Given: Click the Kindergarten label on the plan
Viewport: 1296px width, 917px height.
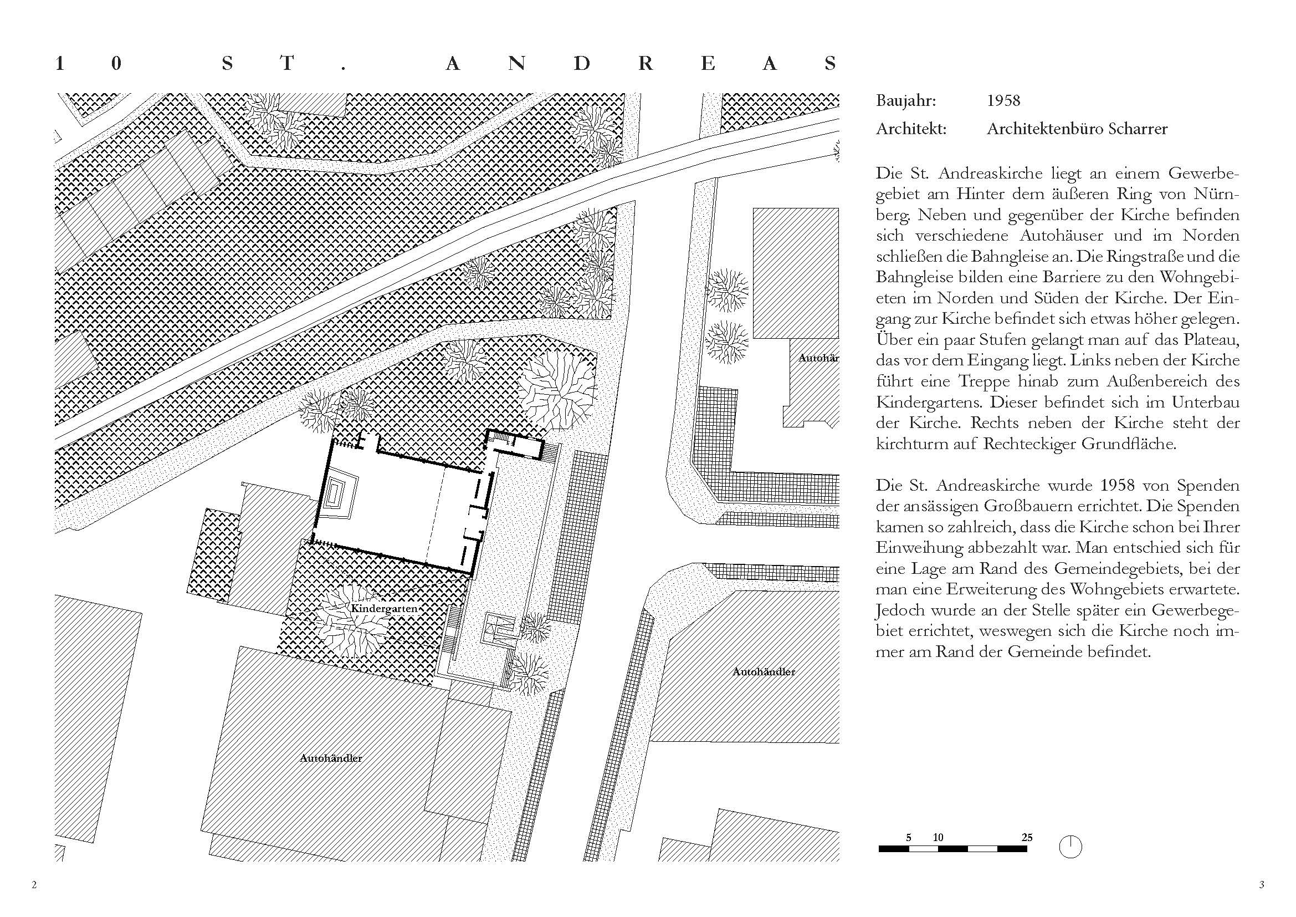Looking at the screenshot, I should [x=384, y=609].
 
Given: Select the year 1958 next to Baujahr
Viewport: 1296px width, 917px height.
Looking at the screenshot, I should [x=1003, y=101].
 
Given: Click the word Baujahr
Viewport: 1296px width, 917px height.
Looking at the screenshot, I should [x=905, y=101].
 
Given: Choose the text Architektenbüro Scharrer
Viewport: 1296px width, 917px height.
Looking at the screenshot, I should [x=1077, y=129].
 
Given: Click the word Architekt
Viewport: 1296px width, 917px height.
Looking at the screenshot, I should [x=910, y=129].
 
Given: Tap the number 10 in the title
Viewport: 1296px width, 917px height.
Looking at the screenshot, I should [x=88, y=64].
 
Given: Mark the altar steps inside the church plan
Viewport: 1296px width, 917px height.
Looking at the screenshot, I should [x=340, y=495].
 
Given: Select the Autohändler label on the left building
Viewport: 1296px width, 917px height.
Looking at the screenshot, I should [x=331, y=758].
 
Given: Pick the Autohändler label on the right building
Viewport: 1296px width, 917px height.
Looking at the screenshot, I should [x=764, y=672].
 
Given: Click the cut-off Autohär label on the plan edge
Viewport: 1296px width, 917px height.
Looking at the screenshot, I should [x=818, y=358].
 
